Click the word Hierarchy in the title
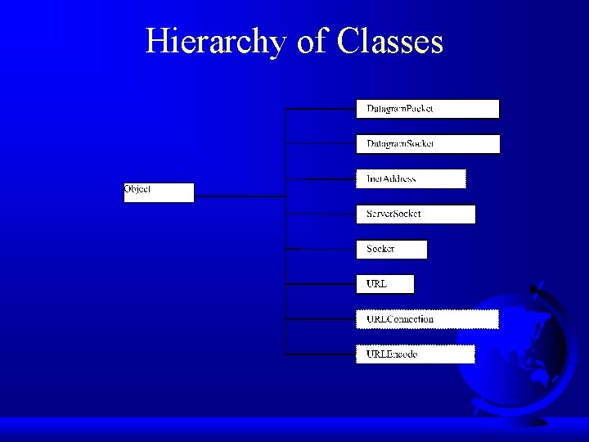coord(217,41)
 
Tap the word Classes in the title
coord(389,41)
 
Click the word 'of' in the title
coord(311,41)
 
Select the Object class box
coord(159,192)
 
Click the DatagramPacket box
coord(427,109)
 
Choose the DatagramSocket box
coord(427,144)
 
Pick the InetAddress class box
coord(411,178)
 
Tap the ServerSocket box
coord(415,214)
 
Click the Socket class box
coord(391,249)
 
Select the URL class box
coord(384,284)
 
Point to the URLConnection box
coord(427,319)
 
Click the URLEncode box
coord(415,354)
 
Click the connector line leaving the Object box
coord(239,196)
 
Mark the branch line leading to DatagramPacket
coord(320,108)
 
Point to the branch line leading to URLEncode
coord(320,354)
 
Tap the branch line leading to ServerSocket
coord(320,214)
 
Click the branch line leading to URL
coord(320,284)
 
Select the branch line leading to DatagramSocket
coord(320,143)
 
